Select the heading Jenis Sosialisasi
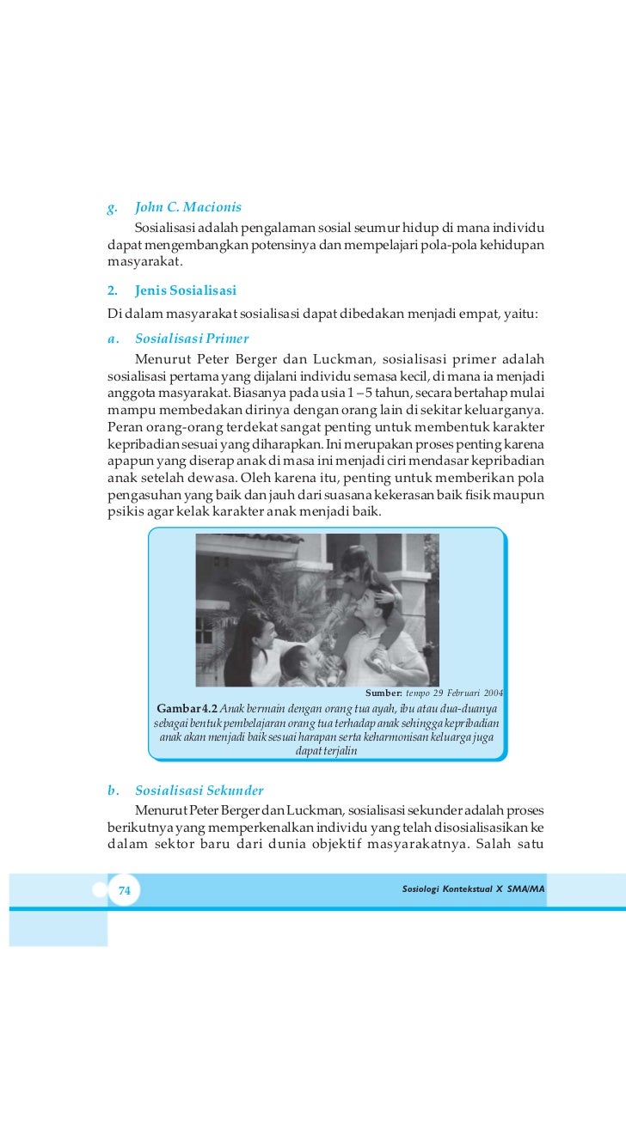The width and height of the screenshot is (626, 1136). pyautogui.click(x=186, y=290)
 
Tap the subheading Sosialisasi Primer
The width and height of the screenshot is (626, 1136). pyautogui.click(x=192, y=338)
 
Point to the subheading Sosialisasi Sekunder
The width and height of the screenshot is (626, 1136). pyautogui.click(x=199, y=790)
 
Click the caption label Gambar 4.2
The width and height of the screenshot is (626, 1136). pyautogui.click(x=187, y=708)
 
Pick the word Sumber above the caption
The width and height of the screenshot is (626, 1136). pyautogui.click(x=384, y=693)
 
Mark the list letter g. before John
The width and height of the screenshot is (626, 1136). pyautogui.click(x=112, y=207)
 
